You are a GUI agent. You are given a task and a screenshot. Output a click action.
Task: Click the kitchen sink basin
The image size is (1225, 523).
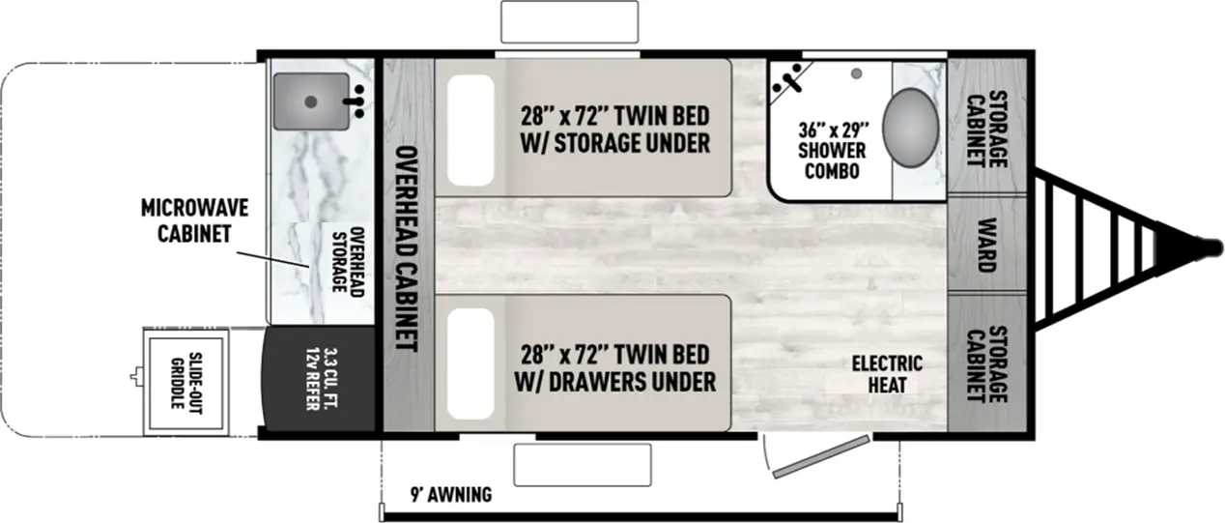pyautogui.click(x=309, y=101)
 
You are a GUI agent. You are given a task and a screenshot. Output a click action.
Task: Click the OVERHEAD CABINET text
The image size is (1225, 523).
pyautogui.click(x=407, y=247)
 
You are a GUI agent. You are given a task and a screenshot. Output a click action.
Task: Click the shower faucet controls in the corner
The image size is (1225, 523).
pyautogui.click(x=787, y=78)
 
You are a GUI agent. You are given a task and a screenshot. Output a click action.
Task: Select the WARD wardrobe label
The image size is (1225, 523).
pyautogui.click(x=986, y=246)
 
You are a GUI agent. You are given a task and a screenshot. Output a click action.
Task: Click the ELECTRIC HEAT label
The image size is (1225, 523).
pyautogui.click(x=887, y=373)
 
